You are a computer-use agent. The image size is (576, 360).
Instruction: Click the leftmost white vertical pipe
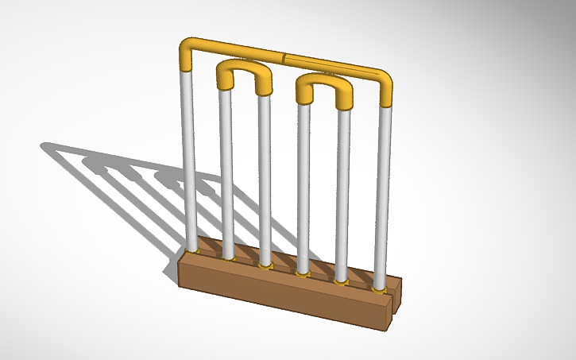188,159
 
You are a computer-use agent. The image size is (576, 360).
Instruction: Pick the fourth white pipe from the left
303,187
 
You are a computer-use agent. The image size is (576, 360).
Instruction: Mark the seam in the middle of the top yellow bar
284,57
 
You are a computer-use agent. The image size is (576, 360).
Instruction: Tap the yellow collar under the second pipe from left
229,257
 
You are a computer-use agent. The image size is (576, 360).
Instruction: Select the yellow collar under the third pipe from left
265,265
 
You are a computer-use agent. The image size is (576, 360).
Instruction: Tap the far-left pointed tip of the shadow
43,145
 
